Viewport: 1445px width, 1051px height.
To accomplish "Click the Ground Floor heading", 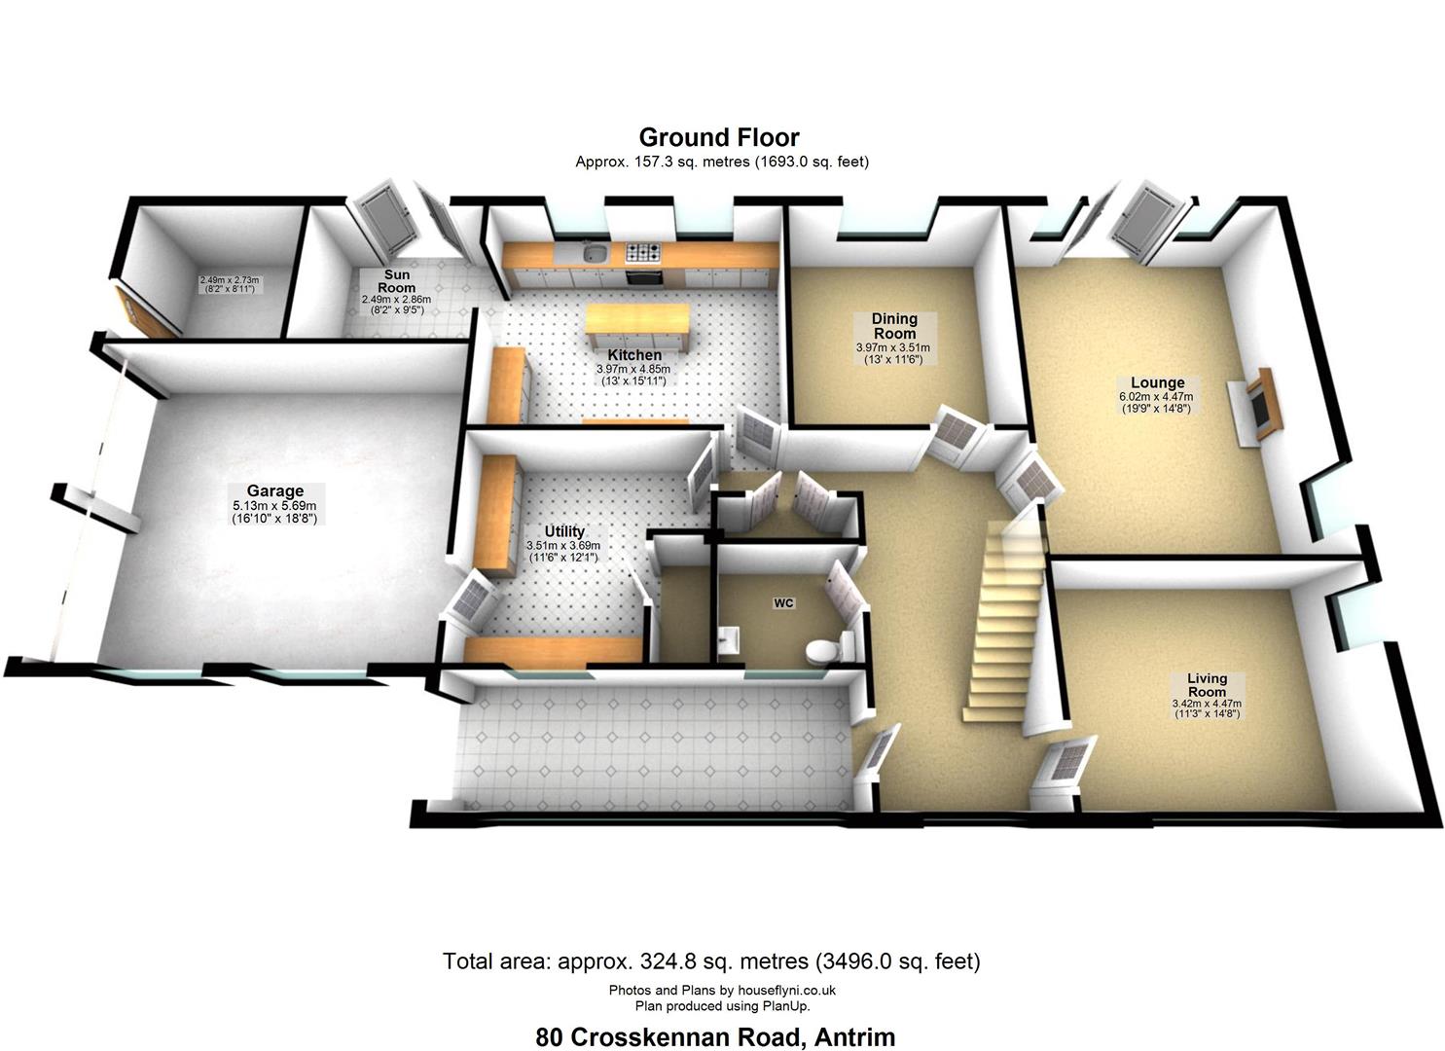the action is pyautogui.click(x=719, y=137).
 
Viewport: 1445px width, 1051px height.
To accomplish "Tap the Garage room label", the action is pyautogui.click(x=274, y=491).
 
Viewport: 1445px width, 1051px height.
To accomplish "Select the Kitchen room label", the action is pyautogui.click(x=634, y=355).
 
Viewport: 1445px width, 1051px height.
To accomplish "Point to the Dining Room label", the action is pyautogui.click(x=894, y=326).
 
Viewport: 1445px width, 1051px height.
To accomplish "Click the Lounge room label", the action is pyautogui.click(x=1157, y=382).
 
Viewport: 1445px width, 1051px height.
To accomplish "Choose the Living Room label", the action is pyautogui.click(x=1207, y=684).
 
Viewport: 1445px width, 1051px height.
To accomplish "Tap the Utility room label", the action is pyautogui.click(x=564, y=531).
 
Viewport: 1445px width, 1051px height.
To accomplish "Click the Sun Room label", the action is pyautogui.click(x=397, y=281).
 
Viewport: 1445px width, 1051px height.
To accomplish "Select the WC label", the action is pyautogui.click(x=783, y=603).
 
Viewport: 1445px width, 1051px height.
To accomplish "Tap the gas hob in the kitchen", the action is pyautogui.click(x=643, y=253).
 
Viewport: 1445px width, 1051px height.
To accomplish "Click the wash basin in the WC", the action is pyautogui.click(x=730, y=639).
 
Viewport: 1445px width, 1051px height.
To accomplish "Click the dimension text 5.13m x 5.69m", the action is pyautogui.click(x=274, y=506).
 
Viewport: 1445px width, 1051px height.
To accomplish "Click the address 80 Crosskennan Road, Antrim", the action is pyautogui.click(x=715, y=1037).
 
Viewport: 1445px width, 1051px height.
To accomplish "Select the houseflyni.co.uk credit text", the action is pyautogui.click(x=787, y=990).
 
